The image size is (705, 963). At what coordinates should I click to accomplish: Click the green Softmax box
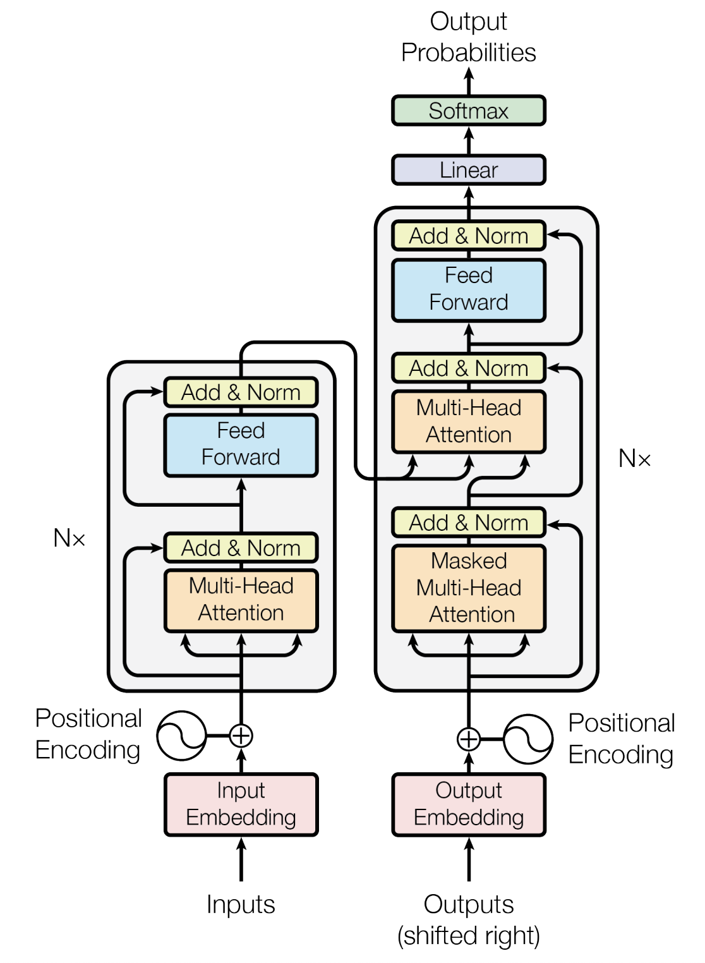pyautogui.click(x=468, y=111)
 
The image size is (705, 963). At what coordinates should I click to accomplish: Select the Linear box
pyautogui.click(x=468, y=170)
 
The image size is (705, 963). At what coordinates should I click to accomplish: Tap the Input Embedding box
pyautogui.click(x=241, y=804)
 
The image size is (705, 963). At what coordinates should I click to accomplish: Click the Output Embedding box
pyautogui.click(x=468, y=804)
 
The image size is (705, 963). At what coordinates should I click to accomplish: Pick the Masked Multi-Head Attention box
pyautogui.click(x=468, y=588)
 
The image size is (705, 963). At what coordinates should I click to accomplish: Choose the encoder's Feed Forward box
pyautogui.click(x=241, y=444)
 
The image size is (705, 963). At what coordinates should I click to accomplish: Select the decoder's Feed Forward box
pyautogui.click(x=468, y=289)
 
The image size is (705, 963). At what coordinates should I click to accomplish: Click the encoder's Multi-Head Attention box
pyautogui.click(x=241, y=600)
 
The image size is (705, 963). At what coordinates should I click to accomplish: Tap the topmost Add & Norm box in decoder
pyautogui.click(x=468, y=236)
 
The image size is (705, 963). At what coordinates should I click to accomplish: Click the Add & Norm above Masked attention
pyautogui.click(x=468, y=523)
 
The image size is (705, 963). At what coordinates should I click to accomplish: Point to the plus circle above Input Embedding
pyautogui.click(x=241, y=736)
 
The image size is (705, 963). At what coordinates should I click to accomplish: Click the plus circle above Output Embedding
pyautogui.click(x=468, y=738)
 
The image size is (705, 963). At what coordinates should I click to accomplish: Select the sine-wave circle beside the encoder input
pyautogui.click(x=181, y=736)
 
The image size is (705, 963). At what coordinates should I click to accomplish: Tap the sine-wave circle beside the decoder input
pyautogui.click(x=528, y=738)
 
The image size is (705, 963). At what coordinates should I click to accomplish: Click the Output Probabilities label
pyautogui.click(x=468, y=37)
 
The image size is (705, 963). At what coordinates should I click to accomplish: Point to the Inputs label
pyautogui.click(x=241, y=904)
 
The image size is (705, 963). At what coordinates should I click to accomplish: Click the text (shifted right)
pyautogui.click(x=468, y=936)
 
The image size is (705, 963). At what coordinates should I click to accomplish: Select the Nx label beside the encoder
pyautogui.click(x=69, y=538)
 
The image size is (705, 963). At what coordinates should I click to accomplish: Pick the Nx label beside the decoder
pyautogui.click(x=634, y=459)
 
